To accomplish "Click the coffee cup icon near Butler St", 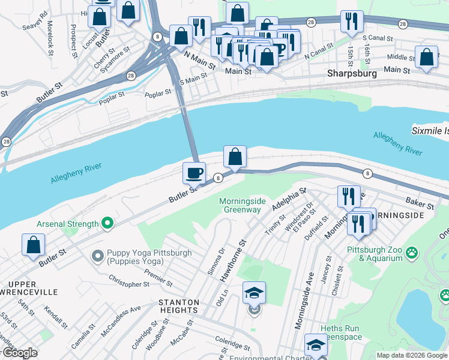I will tap(194, 173).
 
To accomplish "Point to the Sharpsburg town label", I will tap(352, 73).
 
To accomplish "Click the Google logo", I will tap(19, 353).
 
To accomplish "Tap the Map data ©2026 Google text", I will tap(411, 355).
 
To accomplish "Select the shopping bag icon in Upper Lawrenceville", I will tap(34, 245).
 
